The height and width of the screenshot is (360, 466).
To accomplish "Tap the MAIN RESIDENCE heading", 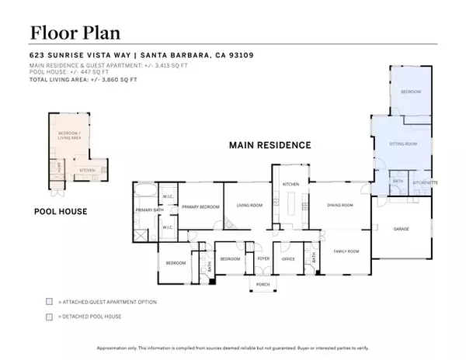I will (x=270, y=145).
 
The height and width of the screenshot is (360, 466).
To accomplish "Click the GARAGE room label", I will (x=401, y=229).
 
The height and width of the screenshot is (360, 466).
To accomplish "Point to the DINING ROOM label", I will (x=340, y=206).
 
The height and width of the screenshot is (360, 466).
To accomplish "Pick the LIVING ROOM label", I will (x=249, y=206).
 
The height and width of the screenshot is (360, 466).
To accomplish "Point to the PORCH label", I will (x=262, y=284).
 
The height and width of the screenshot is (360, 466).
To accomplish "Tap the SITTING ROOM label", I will (x=403, y=144).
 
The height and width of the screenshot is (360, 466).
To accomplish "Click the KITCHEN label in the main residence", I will (x=290, y=184).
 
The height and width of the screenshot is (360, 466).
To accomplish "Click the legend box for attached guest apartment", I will (x=50, y=301).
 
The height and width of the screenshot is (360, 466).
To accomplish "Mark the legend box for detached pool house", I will (x=50, y=317).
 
